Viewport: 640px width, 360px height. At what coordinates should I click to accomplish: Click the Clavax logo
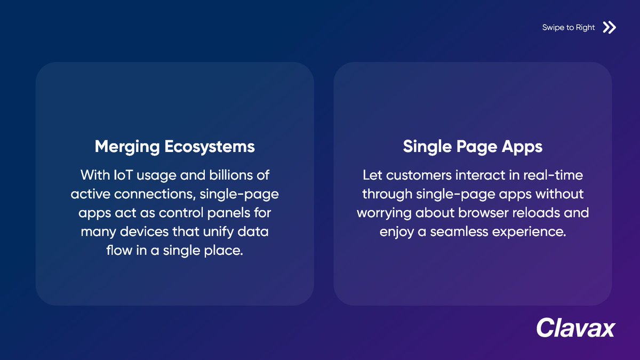coord(575,327)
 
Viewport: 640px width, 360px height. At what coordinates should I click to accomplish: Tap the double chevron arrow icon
coord(609,27)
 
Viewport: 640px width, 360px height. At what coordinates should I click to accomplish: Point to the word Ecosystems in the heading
coord(210,147)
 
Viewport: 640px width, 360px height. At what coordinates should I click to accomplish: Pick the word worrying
coord(383,212)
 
